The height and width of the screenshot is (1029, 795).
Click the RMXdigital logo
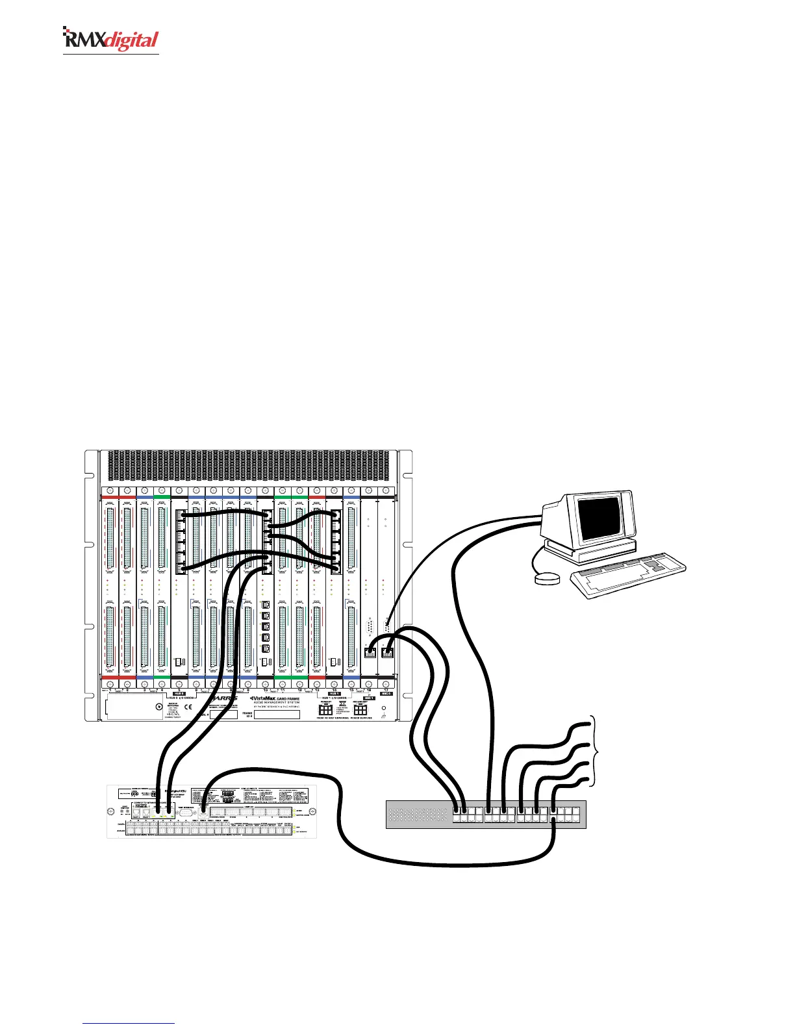(x=110, y=40)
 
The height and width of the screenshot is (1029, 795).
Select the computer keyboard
(x=628, y=575)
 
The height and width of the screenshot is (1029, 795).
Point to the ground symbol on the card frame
(x=384, y=716)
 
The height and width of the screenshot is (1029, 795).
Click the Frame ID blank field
(x=277, y=715)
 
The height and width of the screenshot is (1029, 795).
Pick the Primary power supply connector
(x=326, y=711)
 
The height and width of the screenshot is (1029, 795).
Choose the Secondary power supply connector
(x=360, y=711)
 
